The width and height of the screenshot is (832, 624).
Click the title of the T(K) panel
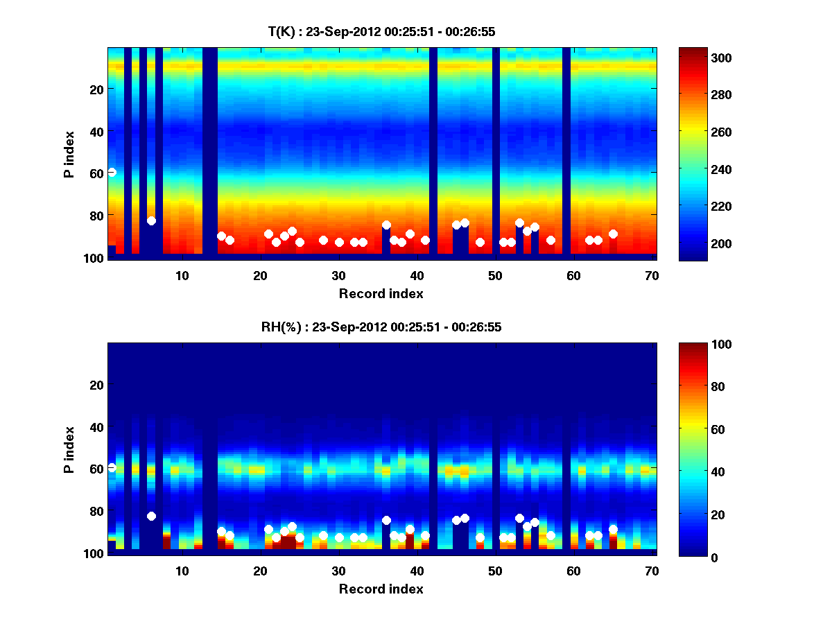point(381,31)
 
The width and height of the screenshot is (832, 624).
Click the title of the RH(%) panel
point(381,327)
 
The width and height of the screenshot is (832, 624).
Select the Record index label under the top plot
point(381,293)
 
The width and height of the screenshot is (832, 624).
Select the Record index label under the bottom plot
point(381,589)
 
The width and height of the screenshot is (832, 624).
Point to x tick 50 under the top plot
point(495,275)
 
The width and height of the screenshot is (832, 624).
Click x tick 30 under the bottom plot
point(339,571)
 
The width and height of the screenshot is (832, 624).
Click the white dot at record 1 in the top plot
point(112,172)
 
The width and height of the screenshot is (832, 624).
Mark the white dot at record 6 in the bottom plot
point(151,516)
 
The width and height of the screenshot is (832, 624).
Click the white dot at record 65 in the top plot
point(613,234)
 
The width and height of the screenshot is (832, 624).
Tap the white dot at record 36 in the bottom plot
point(386,520)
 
